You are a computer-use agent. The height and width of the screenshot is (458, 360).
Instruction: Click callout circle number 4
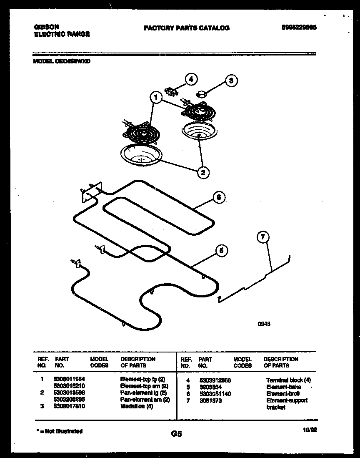pyautogui.click(x=191, y=79)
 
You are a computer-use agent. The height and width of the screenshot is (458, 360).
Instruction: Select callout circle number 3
pyautogui.click(x=231, y=81)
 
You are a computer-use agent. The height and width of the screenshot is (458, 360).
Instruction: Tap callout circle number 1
pyautogui.click(x=155, y=98)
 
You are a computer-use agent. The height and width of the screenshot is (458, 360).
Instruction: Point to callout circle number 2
pyautogui.click(x=203, y=172)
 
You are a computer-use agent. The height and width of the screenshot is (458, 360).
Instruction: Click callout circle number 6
pyautogui.click(x=220, y=198)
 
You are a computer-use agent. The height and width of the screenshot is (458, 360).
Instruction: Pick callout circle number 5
pyautogui.click(x=221, y=250)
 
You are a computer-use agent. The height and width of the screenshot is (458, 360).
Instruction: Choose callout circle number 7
pyautogui.click(x=262, y=238)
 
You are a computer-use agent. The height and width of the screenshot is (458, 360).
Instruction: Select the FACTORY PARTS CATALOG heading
pyautogui.click(x=186, y=28)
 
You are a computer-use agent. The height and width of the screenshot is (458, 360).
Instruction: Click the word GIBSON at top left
pyautogui.click(x=46, y=27)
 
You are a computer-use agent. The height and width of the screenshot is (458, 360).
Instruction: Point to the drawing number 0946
pyautogui.click(x=260, y=322)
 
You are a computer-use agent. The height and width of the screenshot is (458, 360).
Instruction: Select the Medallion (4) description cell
pyautogui.click(x=136, y=406)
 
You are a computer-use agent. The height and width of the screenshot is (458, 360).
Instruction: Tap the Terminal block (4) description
pyautogui.click(x=288, y=380)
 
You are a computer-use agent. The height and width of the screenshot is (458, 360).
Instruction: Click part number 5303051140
pyautogui.click(x=215, y=394)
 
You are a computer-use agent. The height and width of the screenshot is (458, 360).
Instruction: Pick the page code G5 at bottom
pyautogui.click(x=177, y=434)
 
